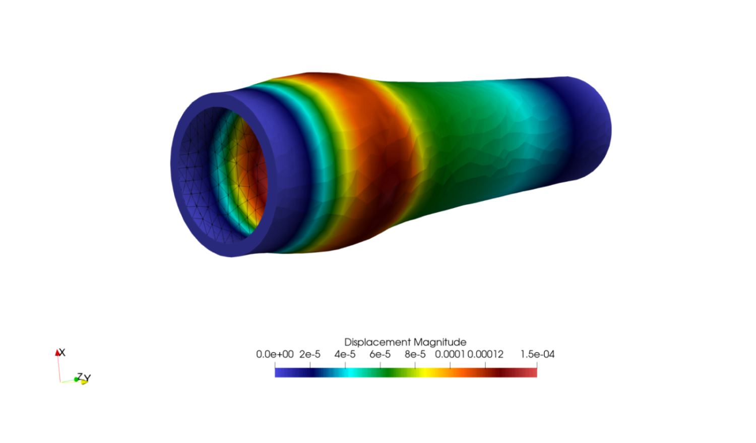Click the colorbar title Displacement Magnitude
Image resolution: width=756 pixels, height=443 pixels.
[405, 342]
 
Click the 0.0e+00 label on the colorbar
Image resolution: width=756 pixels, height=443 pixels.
[275, 354]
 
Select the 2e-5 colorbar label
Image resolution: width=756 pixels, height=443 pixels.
[309, 354]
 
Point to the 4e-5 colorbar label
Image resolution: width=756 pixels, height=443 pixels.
[345, 354]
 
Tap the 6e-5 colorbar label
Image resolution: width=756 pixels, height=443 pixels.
[380, 354]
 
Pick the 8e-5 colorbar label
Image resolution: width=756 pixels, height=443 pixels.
[415, 354]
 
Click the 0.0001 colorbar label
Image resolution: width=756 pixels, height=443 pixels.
[450, 354]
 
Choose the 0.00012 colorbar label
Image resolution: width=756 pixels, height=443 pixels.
[485, 354]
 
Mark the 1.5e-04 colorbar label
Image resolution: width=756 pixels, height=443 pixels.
[537, 354]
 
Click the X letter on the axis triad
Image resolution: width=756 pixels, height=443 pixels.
[62, 352]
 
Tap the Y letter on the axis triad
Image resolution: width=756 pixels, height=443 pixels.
[88, 377]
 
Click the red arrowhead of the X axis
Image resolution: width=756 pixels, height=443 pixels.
[57, 353]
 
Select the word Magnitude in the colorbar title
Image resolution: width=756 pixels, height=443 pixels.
[440, 342]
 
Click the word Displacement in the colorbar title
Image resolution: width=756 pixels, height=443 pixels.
[377, 342]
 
